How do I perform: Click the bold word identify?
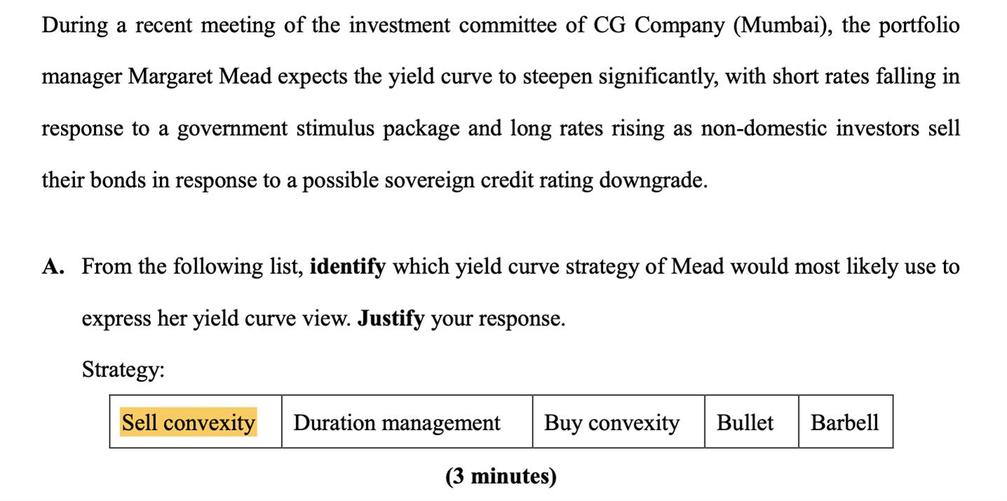pyautogui.click(x=348, y=267)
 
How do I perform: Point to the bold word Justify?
pyautogui.click(x=390, y=319)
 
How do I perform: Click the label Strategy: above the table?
pyautogui.click(x=123, y=370)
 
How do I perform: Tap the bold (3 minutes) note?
pyautogui.click(x=501, y=476)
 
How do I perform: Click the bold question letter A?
pyautogui.click(x=53, y=266)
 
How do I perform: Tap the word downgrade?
pyautogui.click(x=653, y=181)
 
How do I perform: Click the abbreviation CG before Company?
pyautogui.click(x=610, y=25)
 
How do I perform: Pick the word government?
pyautogui.click(x=232, y=129)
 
